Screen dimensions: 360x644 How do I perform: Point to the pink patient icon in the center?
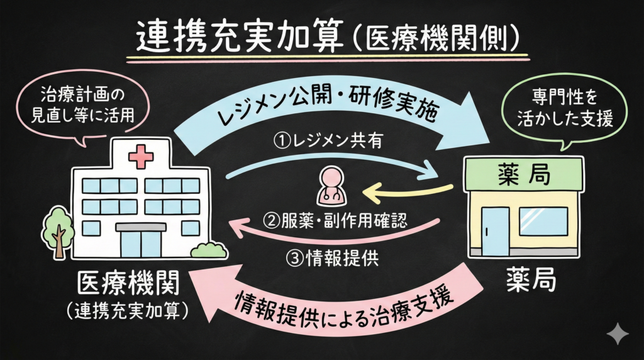click(x=331, y=188)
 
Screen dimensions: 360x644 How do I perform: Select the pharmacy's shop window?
click(x=543, y=221)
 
